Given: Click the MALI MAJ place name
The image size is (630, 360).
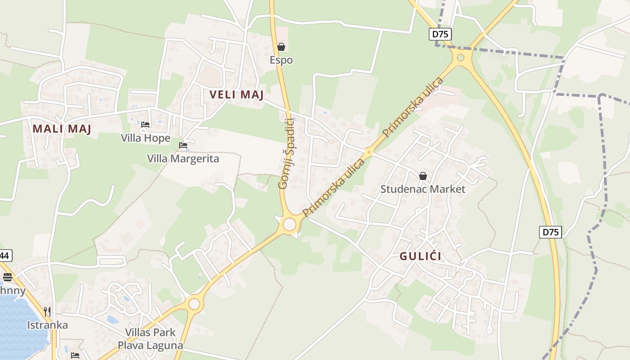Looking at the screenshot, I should (62, 129).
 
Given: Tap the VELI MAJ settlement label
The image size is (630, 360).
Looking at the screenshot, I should (236, 94).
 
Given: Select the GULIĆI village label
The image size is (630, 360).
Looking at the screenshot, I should (420, 256).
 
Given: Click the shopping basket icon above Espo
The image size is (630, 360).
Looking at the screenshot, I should (281, 46).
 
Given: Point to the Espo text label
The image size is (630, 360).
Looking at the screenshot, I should (281, 60).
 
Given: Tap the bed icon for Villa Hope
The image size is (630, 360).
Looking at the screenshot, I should (145, 125).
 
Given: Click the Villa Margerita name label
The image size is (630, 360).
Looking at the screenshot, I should (183, 158).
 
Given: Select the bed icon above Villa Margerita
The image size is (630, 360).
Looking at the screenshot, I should (183, 145).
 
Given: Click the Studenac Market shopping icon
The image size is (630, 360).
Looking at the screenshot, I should (423, 176).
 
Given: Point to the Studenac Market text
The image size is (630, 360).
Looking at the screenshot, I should (423, 189).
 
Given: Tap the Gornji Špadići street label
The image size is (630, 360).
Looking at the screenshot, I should (287, 153).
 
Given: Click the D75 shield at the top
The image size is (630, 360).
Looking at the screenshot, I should (440, 34).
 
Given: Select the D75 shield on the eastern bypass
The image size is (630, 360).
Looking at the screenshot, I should (550, 232).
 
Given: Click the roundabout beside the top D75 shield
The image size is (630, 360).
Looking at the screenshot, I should (460, 58).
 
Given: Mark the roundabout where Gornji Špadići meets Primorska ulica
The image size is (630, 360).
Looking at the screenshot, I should (289, 224).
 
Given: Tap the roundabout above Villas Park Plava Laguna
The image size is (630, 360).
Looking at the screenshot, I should (194, 304).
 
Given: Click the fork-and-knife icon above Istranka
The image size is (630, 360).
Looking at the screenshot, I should (47, 311).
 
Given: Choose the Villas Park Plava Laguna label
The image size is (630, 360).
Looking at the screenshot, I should (150, 339).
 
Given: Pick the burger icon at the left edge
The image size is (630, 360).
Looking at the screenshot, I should (7, 277).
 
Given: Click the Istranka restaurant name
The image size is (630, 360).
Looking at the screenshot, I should (47, 325).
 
